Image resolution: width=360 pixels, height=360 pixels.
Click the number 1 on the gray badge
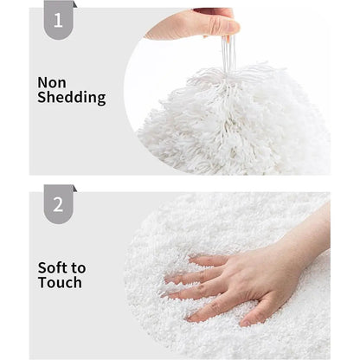tap(58, 20)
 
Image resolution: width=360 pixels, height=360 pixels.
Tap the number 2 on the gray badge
tap(58, 204)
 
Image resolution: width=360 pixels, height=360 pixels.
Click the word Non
tap(52, 83)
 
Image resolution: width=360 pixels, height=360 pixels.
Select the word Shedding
tap(72, 97)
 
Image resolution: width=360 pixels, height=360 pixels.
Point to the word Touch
tap(60, 282)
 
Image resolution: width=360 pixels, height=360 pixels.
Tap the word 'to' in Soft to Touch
tap(79, 268)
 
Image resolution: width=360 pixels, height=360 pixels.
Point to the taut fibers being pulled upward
tap(228, 55)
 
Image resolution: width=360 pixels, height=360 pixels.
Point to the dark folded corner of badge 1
tap(75, 4)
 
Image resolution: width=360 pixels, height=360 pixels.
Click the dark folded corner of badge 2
tap(75, 189)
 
